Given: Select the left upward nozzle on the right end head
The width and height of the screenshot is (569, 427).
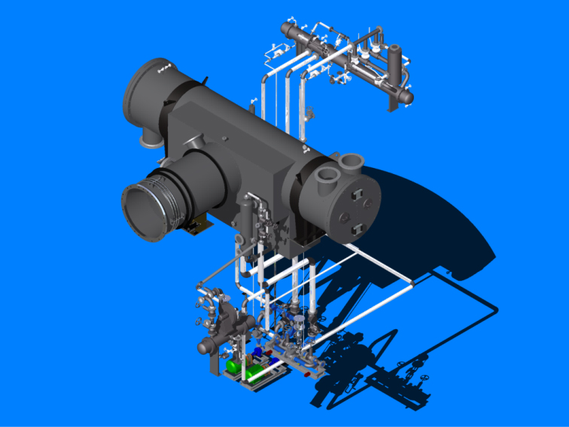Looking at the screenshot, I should click(327, 178).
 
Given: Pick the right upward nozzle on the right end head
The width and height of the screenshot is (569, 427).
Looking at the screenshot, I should click(351, 162).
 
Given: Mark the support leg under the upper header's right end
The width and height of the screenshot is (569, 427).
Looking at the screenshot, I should click(391, 104).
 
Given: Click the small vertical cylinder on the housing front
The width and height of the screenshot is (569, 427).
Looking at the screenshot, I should click(246, 218).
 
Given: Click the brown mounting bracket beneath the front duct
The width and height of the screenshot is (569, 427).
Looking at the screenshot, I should click(197, 224).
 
